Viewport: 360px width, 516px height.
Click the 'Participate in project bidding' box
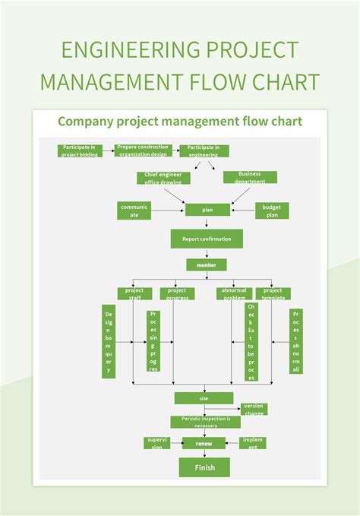[x=80, y=150]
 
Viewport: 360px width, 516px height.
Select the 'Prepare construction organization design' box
[x=143, y=150]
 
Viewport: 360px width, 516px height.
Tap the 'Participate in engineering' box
[x=204, y=150]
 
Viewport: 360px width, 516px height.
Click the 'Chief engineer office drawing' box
[x=163, y=177]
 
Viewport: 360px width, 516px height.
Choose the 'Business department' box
[x=250, y=177]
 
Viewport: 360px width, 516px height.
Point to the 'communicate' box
[x=134, y=211]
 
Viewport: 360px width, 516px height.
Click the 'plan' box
[x=207, y=210]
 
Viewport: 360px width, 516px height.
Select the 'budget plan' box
[x=271, y=211]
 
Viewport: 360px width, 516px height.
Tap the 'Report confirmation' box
[x=207, y=239]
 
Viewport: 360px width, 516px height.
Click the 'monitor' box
[x=207, y=265]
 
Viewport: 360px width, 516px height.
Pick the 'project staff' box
[x=134, y=293]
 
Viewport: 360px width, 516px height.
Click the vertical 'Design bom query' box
[x=109, y=342]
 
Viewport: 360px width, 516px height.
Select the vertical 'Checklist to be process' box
[x=251, y=342]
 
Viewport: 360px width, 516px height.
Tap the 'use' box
[x=204, y=398]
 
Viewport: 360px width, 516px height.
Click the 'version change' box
[x=254, y=409]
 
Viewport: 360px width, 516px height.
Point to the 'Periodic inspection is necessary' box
[x=205, y=422]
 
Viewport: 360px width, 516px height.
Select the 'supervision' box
[x=156, y=443]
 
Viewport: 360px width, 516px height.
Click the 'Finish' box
[x=204, y=467]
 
